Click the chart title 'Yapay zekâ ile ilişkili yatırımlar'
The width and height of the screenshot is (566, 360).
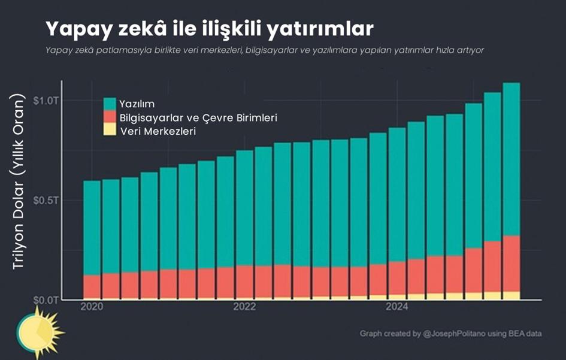(210, 29)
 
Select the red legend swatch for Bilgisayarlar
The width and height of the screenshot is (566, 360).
(110, 117)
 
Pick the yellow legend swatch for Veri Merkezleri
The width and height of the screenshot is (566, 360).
(110, 130)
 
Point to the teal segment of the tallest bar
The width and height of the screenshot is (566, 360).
(511, 159)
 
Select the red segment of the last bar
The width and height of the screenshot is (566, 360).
(511, 263)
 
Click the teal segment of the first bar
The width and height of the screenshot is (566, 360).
(92, 228)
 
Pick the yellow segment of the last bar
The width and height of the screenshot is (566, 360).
(511, 295)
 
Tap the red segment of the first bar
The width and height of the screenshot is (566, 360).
(92, 286)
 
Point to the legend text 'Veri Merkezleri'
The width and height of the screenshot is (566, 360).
(158, 131)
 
